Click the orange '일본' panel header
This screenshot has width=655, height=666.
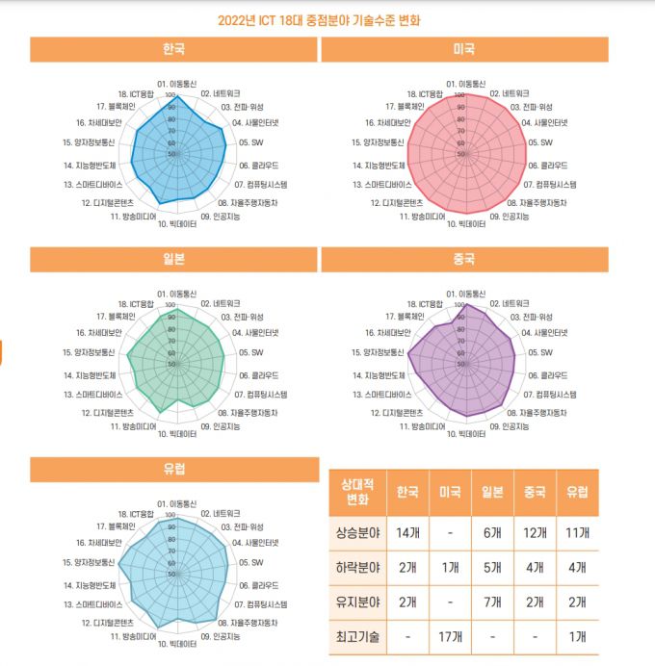(x=173, y=259)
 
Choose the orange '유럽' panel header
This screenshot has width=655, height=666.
(x=173, y=469)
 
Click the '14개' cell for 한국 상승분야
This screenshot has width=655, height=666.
(x=407, y=532)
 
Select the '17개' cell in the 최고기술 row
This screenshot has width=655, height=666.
(x=450, y=636)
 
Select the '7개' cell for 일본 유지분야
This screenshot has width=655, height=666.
(x=492, y=602)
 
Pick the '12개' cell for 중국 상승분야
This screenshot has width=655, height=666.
(x=535, y=532)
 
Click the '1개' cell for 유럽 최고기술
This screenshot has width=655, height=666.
(x=577, y=636)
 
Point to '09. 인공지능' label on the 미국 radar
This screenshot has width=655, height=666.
(x=510, y=216)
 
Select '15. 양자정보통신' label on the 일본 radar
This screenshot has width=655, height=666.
(x=89, y=351)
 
